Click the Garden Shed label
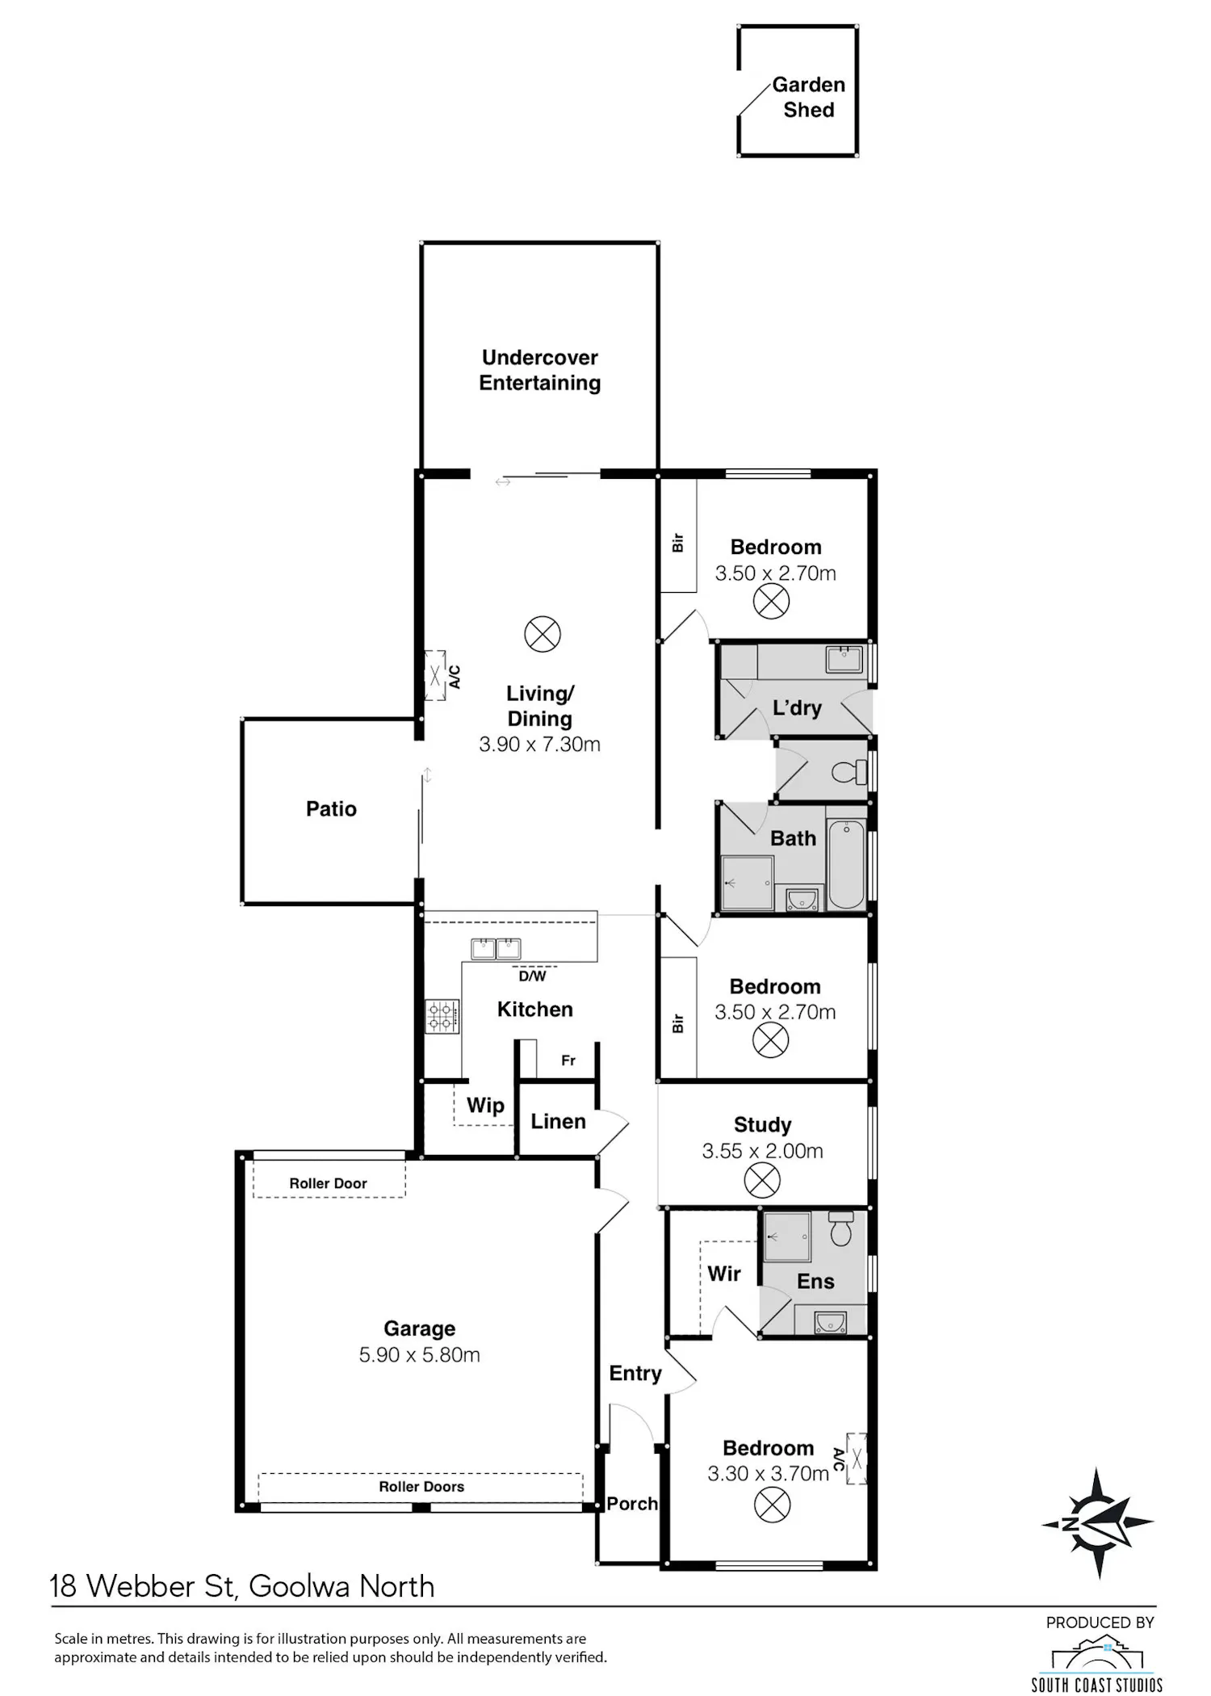pos(809,97)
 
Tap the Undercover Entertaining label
pos(540,370)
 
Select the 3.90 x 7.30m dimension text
pos(540,744)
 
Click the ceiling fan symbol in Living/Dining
pos(543,634)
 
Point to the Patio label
pos(331,808)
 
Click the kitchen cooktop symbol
pos(442,1016)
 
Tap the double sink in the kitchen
pos(496,948)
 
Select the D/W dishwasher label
pos(532,976)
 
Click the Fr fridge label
pos(568,1060)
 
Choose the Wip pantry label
pos(485,1105)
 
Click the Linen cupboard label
pos(558,1121)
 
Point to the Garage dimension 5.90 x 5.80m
pos(420,1354)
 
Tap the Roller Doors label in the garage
pos(421,1486)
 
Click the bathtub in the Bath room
pos(846,865)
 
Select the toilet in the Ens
pos(840,1228)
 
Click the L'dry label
pos(797,707)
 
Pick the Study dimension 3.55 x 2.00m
pos(763,1151)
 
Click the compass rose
pos(1097,1523)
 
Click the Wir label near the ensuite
pos(724,1274)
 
